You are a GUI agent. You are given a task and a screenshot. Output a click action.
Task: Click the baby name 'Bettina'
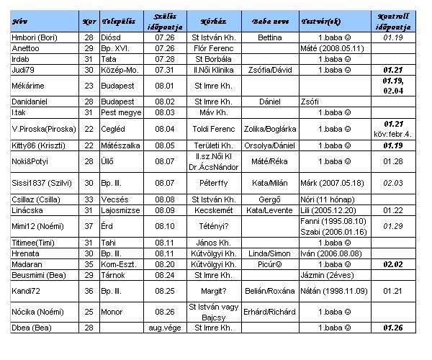[x=269, y=36]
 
